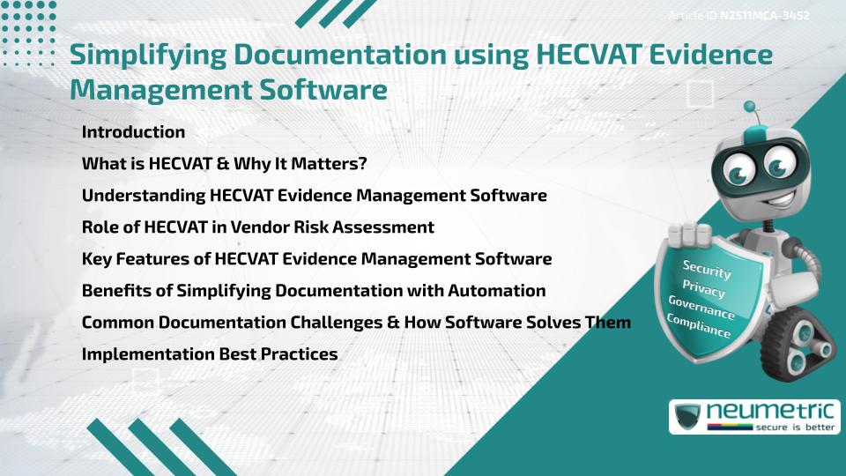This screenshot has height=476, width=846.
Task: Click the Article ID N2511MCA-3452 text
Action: (738, 15)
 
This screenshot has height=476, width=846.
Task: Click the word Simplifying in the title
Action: (160, 55)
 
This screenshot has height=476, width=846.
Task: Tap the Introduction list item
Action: (133, 132)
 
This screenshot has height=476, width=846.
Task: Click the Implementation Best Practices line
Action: (210, 354)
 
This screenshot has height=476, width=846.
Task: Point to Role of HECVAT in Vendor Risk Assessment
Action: (257, 227)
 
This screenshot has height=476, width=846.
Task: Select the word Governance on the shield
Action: (701, 309)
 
